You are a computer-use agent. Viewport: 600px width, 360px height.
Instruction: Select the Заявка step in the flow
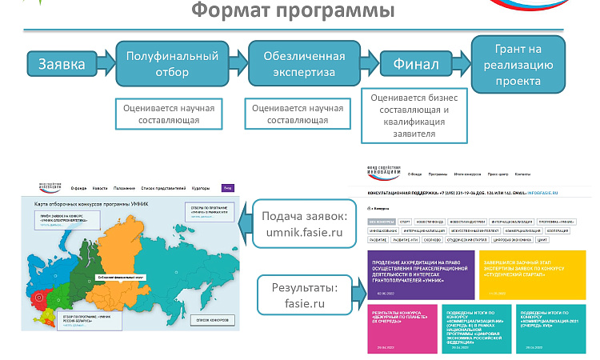[62, 64]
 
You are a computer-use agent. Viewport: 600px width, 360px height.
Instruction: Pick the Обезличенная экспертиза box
[297, 65]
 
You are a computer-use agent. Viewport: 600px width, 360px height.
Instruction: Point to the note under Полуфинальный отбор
[169, 114]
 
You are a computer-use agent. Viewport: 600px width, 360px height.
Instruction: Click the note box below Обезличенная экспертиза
[298, 114]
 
